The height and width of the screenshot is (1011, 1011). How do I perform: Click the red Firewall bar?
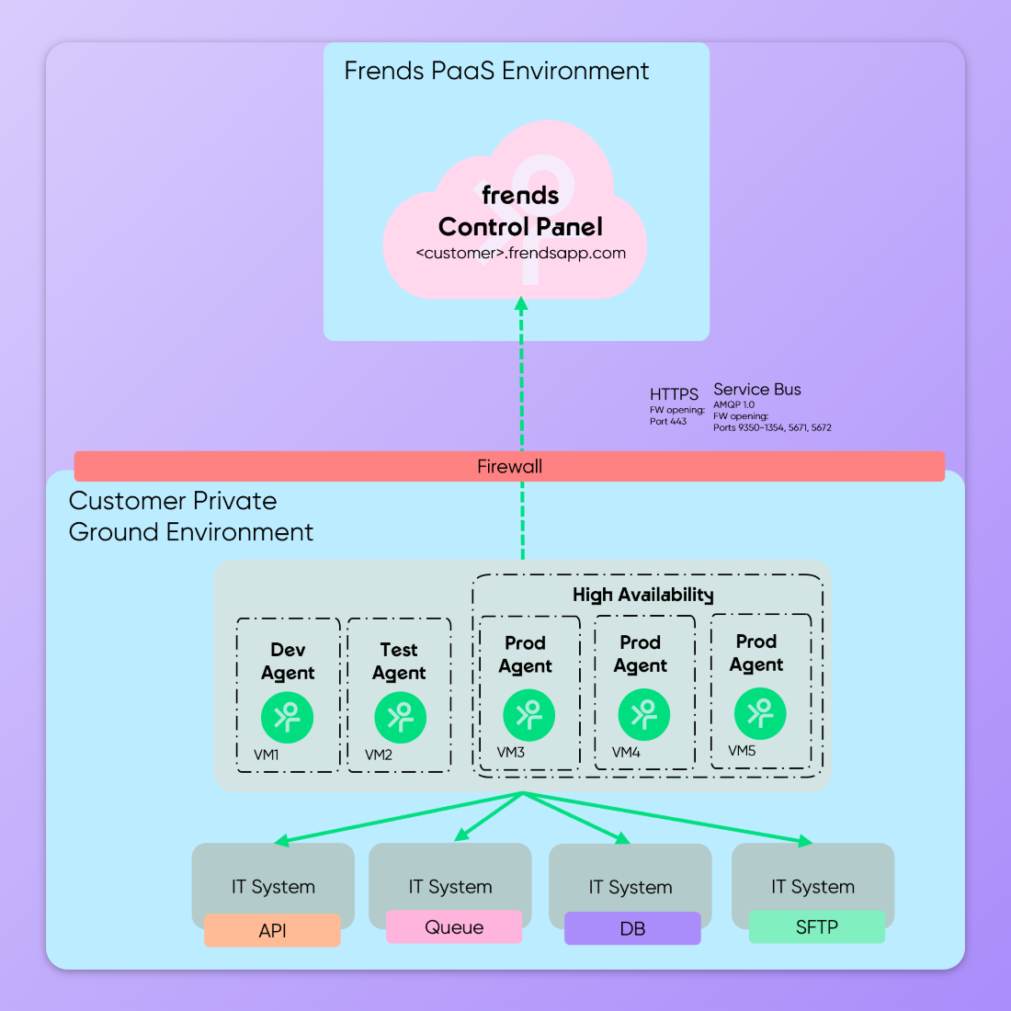click(x=509, y=466)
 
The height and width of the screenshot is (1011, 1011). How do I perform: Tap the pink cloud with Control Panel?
click(x=515, y=221)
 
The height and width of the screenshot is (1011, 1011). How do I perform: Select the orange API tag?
click(x=272, y=930)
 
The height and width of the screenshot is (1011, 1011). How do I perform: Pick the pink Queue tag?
click(x=454, y=927)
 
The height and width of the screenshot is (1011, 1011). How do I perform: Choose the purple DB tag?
click(x=632, y=928)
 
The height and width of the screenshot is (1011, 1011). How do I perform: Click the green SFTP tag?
click(x=816, y=926)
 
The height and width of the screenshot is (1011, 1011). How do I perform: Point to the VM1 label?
click(x=267, y=755)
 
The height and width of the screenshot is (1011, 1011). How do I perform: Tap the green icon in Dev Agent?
click(x=288, y=717)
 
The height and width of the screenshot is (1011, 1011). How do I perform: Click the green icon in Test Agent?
click(x=400, y=717)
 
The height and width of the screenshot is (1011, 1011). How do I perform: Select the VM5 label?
click(x=742, y=751)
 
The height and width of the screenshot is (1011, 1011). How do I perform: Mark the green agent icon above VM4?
click(x=643, y=715)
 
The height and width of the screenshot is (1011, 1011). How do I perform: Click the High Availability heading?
click(x=643, y=595)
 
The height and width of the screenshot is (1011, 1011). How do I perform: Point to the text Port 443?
click(x=668, y=422)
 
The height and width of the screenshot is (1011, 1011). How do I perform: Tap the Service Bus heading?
click(x=757, y=390)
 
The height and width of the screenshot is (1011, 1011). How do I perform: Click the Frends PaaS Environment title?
click(x=496, y=71)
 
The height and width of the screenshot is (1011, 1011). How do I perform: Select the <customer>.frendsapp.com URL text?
click(x=520, y=253)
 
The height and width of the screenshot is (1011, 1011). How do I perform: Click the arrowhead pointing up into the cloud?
click(x=521, y=303)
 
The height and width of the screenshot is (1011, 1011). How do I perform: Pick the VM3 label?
click(x=511, y=752)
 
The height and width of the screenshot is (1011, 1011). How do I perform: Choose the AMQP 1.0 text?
click(x=733, y=404)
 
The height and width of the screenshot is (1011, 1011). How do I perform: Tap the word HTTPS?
click(x=674, y=394)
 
